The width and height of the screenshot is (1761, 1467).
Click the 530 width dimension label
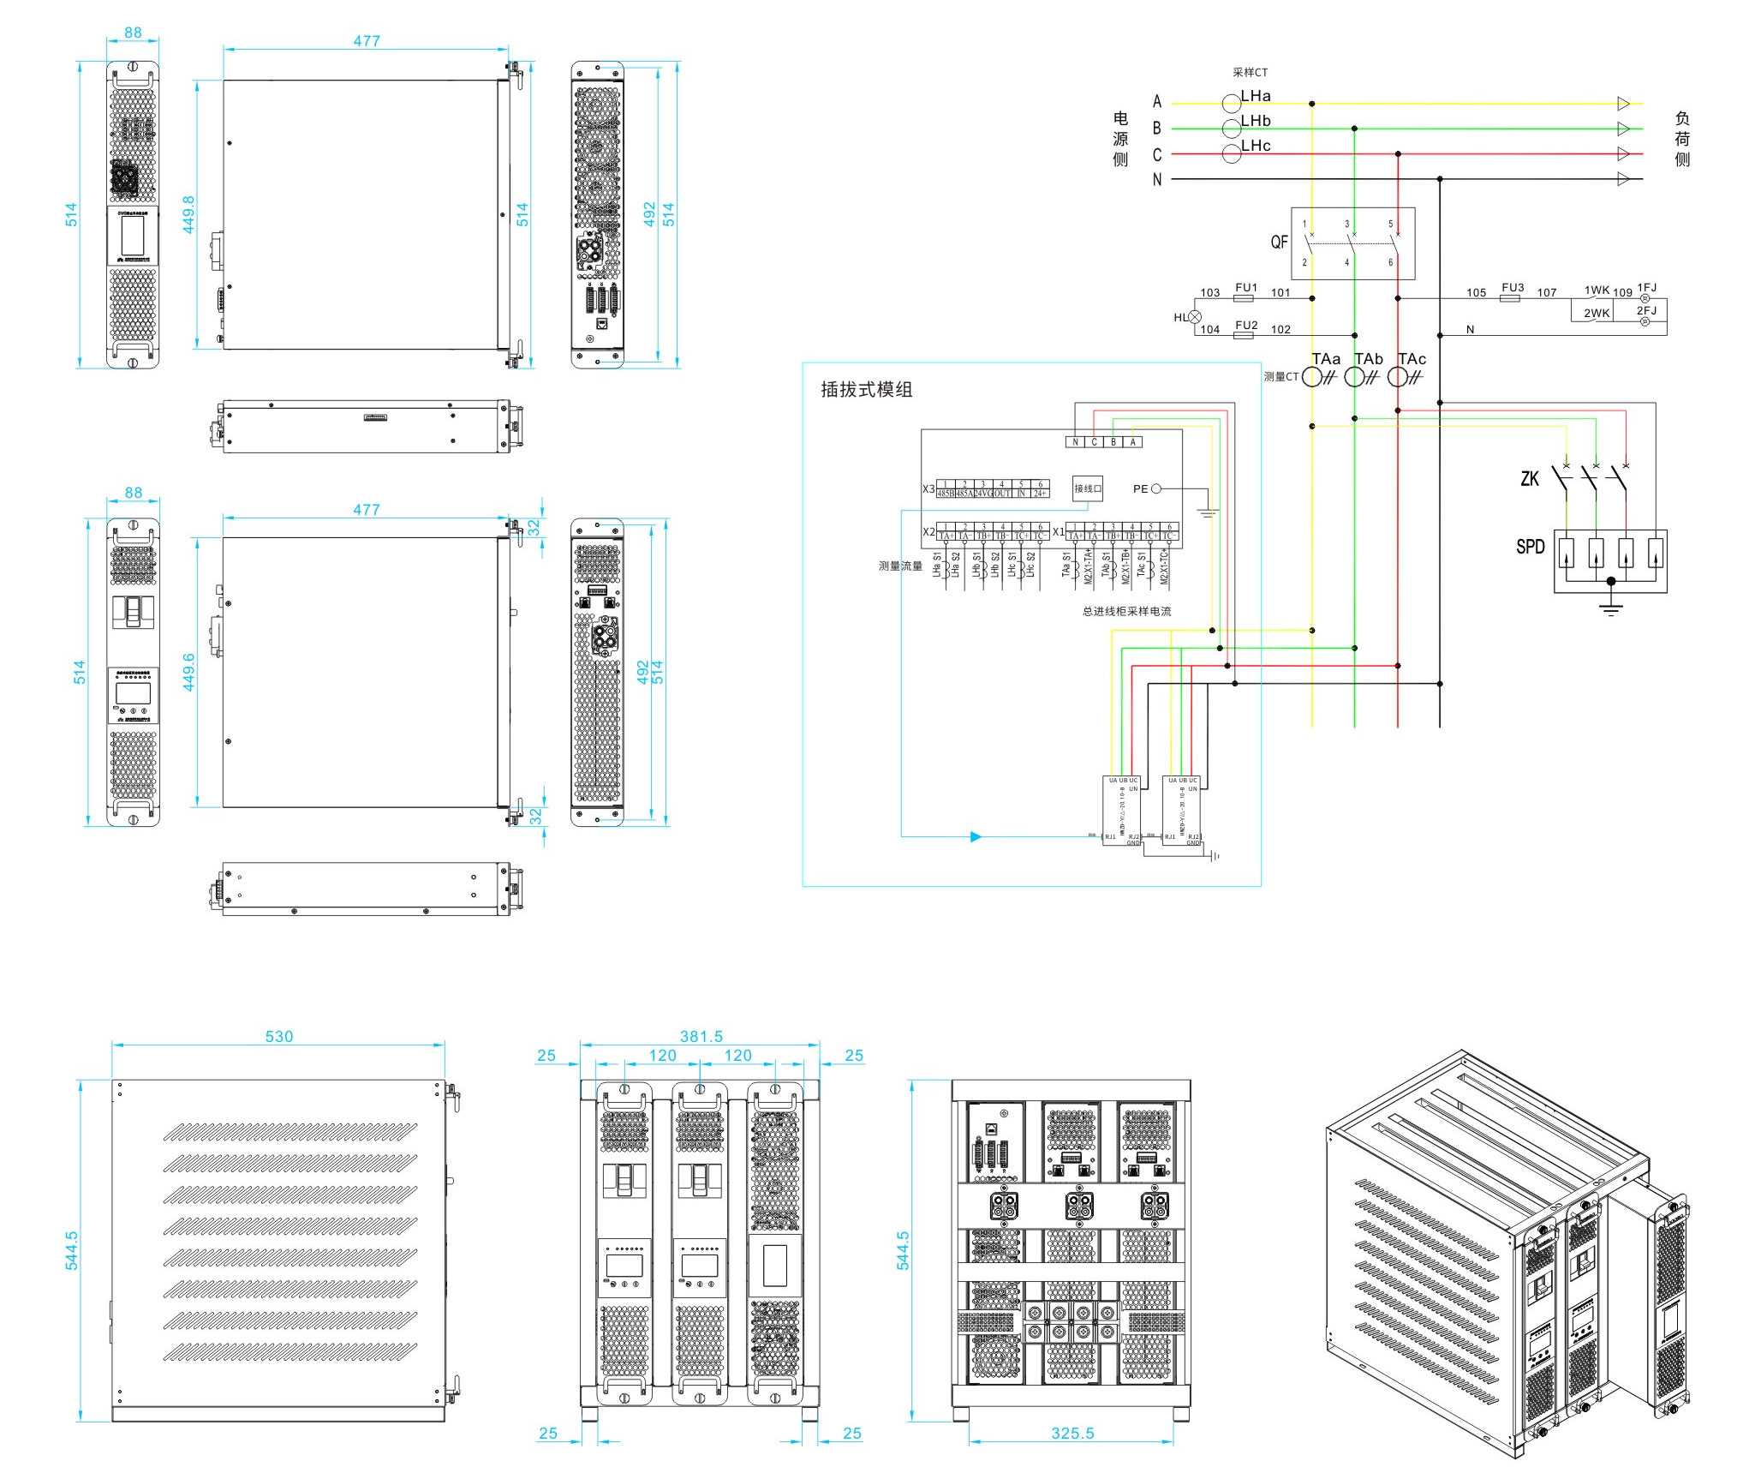pos(278,1036)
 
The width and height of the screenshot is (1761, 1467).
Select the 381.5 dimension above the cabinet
pos(701,1036)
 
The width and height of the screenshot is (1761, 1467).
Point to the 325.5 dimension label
pos(1072,1433)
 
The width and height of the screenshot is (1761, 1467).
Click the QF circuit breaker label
pos(1279,243)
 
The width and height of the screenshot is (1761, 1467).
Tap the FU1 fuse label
pos(1246,287)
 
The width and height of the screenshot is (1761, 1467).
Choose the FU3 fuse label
pos(1513,287)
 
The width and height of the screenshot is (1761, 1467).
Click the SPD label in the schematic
pos(1530,547)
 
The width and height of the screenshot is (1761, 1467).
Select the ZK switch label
pos(1529,478)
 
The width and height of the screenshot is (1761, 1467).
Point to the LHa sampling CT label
pos(1256,96)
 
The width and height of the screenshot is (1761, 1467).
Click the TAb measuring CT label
pos(1368,359)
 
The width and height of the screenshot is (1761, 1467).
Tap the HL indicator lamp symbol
pos(1195,317)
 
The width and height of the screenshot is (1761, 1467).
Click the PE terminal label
pos(1140,489)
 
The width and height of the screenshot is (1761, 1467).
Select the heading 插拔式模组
pos(866,390)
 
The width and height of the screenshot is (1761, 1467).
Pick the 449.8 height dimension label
pos(188,214)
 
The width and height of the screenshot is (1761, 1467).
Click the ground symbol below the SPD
pos(1610,609)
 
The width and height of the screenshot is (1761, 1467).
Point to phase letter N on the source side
pos(1156,180)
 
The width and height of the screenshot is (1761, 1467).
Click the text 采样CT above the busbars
pos(1250,73)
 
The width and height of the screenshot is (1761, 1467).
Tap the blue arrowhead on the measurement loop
pos(975,836)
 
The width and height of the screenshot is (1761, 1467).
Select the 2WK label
pos(1596,314)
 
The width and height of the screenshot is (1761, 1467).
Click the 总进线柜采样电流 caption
pos(1126,611)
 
